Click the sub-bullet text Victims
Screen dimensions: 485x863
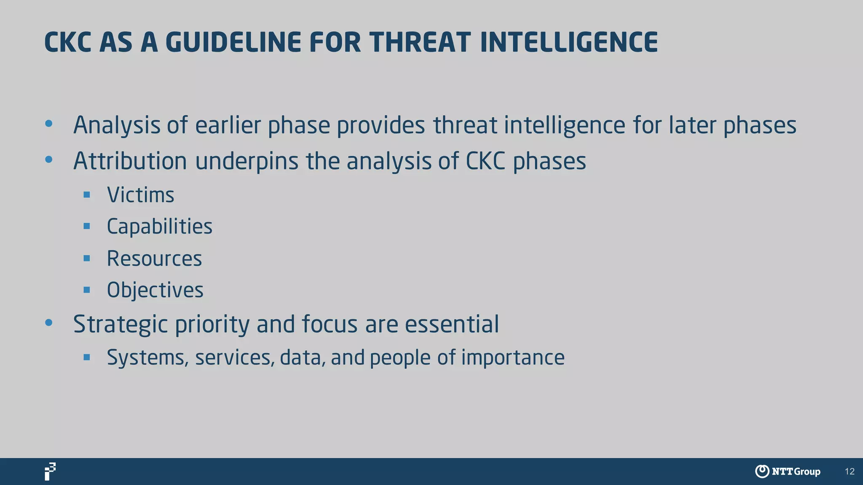click(140, 195)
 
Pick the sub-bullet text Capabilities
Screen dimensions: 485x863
click(159, 227)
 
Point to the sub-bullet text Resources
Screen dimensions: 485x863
click(154, 258)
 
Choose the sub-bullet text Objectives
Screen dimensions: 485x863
click(155, 290)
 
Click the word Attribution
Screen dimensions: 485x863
click(130, 161)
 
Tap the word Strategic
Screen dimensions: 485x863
click(120, 324)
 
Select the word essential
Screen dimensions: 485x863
click(452, 324)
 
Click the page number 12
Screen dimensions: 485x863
click(850, 472)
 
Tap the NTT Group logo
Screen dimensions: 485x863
click(787, 472)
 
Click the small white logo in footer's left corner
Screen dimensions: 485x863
click(50, 472)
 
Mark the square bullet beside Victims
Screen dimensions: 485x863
click(87, 195)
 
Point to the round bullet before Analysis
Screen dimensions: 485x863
click(49, 124)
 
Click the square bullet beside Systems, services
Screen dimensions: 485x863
click(87, 357)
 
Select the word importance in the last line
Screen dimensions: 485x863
click(512, 358)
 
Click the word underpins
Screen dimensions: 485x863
click(247, 161)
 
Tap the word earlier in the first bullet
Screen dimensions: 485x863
click(228, 125)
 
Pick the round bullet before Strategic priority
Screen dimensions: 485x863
click(49, 323)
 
